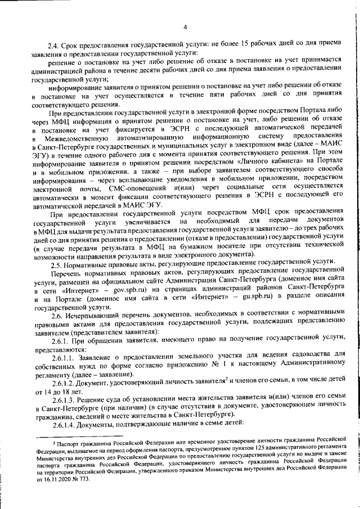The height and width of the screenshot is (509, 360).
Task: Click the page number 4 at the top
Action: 184,27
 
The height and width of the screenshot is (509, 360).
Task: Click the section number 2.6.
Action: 57,319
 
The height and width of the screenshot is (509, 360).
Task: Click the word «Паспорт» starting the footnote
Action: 67,444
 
